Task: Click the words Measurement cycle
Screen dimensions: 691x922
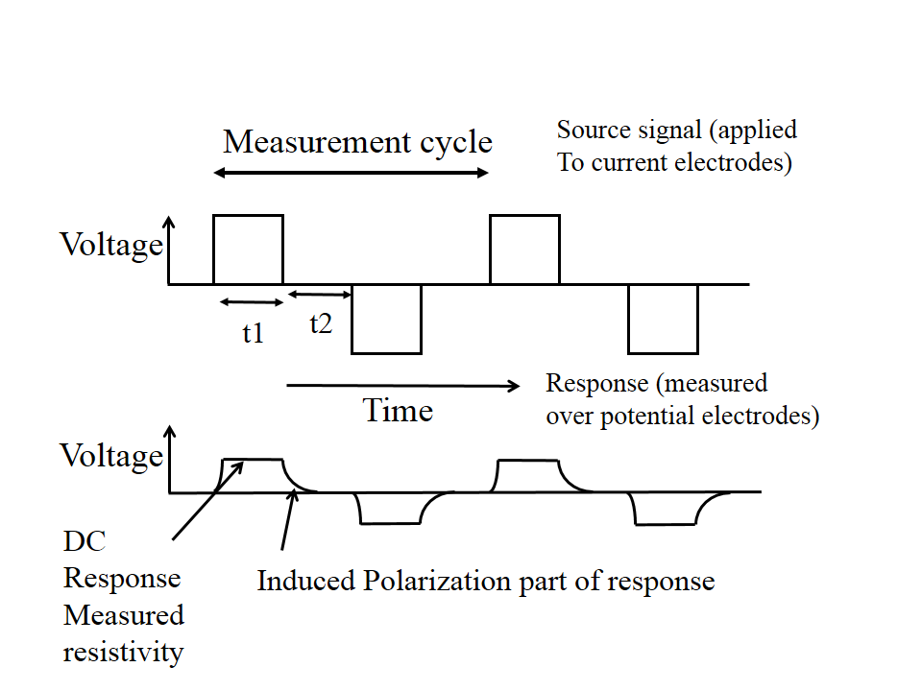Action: pos(357,142)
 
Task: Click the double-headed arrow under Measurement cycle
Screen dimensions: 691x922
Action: pos(351,174)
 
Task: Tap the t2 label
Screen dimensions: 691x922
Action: pos(321,323)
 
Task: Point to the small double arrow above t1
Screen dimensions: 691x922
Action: pos(252,302)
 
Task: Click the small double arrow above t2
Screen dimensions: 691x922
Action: pos(320,293)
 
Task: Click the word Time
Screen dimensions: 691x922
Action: pos(398,411)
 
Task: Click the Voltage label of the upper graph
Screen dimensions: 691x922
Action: pos(111,245)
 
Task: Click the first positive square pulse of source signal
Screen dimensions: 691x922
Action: pos(248,250)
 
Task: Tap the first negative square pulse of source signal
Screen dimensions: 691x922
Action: pos(386,319)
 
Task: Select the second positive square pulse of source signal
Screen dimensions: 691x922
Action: pos(524,250)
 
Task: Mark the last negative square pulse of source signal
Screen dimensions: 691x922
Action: pos(663,319)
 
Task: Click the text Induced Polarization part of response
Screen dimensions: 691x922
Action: pos(485,581)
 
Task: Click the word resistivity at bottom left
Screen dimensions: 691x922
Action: pos(123,652)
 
